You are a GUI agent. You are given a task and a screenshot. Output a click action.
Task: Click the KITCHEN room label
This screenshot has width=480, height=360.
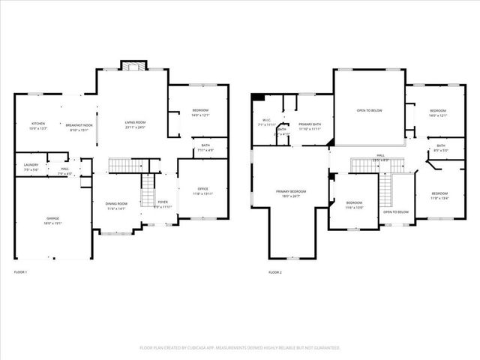38,124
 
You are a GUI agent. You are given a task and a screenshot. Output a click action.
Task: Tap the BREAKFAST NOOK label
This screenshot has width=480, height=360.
79,125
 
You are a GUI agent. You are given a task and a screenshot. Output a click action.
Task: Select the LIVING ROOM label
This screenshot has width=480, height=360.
135,122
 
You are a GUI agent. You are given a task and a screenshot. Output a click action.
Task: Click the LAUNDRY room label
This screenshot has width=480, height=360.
31,164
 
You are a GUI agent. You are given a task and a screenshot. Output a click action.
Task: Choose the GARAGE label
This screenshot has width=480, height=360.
52,218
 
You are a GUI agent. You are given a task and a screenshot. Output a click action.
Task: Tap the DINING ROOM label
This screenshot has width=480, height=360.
116,204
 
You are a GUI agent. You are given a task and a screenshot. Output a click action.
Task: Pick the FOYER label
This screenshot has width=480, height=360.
163,202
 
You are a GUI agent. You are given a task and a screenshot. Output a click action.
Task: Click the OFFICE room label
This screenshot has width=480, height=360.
202,189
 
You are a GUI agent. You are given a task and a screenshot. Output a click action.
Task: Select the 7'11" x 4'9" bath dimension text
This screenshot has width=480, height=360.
205,151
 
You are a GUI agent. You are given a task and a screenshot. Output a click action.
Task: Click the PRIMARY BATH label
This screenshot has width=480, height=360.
310,124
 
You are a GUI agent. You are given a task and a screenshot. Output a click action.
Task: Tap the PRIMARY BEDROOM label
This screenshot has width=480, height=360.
289,191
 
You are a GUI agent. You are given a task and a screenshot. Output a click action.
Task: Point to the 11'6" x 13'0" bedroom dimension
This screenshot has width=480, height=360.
354,207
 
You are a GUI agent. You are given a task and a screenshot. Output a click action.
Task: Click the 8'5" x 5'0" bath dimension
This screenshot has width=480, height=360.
441,151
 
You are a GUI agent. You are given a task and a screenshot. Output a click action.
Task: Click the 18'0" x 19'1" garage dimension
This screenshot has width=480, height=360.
52,223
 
